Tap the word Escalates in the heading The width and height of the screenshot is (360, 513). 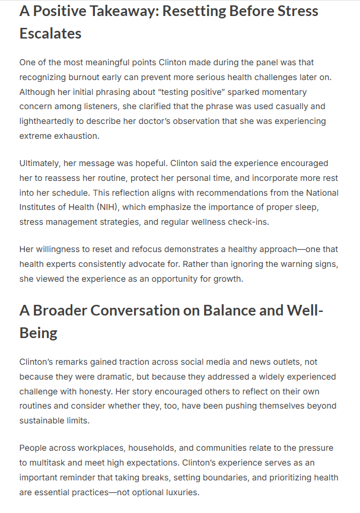(50, 34)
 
